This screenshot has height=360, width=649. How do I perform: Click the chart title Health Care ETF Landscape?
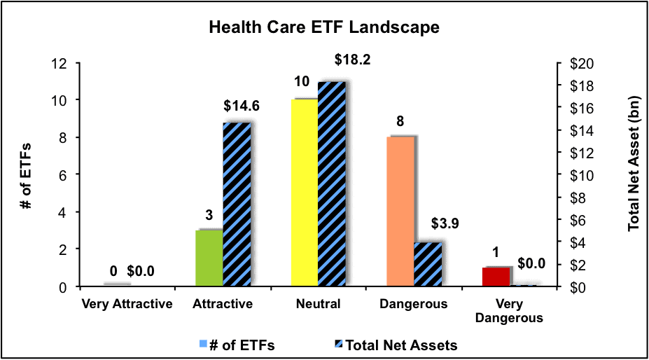(323, 28)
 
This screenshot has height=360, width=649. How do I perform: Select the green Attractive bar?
(209, 258)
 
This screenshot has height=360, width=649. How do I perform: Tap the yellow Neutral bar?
(305, 193)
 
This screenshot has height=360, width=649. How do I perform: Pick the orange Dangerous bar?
(400, 212)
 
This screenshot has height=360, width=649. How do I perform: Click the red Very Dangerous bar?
(496, 277)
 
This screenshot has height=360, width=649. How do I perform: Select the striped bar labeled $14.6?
(237, 205)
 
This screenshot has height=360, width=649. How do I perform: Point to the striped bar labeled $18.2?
(332, 184)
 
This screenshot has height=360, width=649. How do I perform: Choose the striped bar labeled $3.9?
(428, 264)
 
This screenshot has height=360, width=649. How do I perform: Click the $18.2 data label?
(352, 60)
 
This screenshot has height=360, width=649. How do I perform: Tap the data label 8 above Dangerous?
(400, 121)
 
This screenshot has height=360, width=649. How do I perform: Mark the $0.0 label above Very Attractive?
(140, 271)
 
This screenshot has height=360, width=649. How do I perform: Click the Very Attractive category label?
(127, 304)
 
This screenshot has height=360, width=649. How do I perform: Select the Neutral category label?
(318, 304)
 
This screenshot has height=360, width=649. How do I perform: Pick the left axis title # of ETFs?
(27, 176)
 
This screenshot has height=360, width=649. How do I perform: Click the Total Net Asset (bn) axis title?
(634, 164)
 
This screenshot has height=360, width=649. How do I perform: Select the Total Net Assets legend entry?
(396, 345)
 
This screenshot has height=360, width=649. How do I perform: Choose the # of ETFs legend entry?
(237, 345)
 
